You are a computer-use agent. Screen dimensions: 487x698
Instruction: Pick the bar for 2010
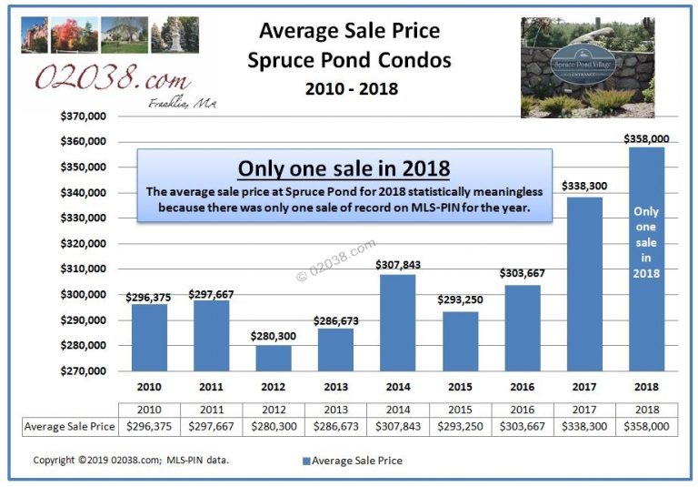point(149,337)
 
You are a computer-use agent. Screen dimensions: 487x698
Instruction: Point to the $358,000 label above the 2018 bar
point(645,138)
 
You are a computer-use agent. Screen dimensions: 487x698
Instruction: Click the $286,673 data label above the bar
point(334,320)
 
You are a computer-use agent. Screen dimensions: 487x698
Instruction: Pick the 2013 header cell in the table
point(334,411)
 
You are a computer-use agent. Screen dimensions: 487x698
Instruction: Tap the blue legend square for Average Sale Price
point(305,461)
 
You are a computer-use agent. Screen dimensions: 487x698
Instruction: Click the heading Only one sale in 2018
point(344,169)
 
